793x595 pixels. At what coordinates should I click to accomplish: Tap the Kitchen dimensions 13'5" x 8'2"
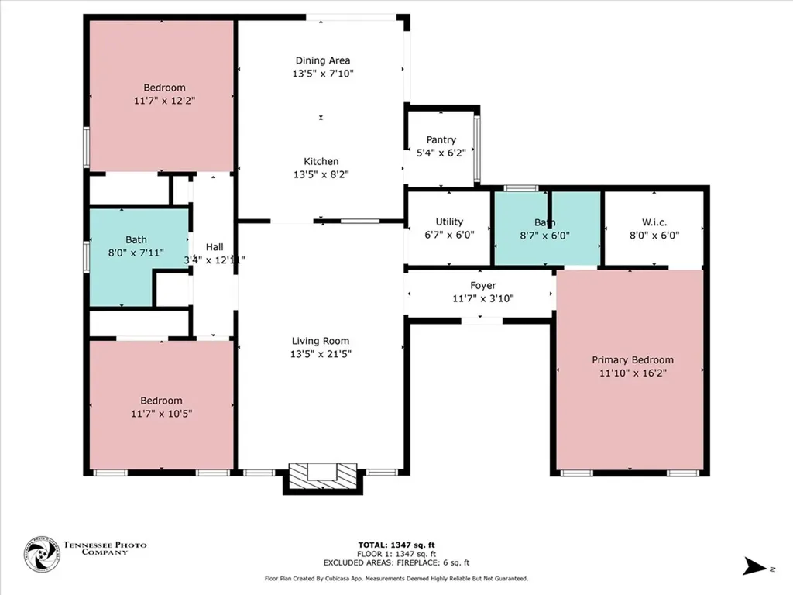click(x=321, y=174)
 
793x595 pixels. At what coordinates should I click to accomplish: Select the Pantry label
click(x=441, y=140)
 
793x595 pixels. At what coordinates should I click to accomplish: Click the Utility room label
click(x=449, y=222)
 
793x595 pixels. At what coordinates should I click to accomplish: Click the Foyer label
click(x=483, y=286)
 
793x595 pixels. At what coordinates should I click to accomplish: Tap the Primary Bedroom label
click(x=632, y=359)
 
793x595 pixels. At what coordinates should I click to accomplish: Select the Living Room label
click(x=321, y=341)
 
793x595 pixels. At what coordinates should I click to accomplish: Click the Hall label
click(x=215, y=246)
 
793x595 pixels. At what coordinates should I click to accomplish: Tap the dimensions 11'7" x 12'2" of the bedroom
click(x=163, y=101)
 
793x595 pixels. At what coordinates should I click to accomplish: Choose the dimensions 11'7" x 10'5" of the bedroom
click(x=162, y=414)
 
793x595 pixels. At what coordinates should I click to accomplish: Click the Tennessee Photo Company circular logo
click(x=41, y=555)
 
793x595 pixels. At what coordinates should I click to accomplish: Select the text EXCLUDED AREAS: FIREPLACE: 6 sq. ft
click(x=396, y=563)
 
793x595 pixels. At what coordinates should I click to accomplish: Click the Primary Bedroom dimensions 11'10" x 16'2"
click(x=632, y=373)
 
